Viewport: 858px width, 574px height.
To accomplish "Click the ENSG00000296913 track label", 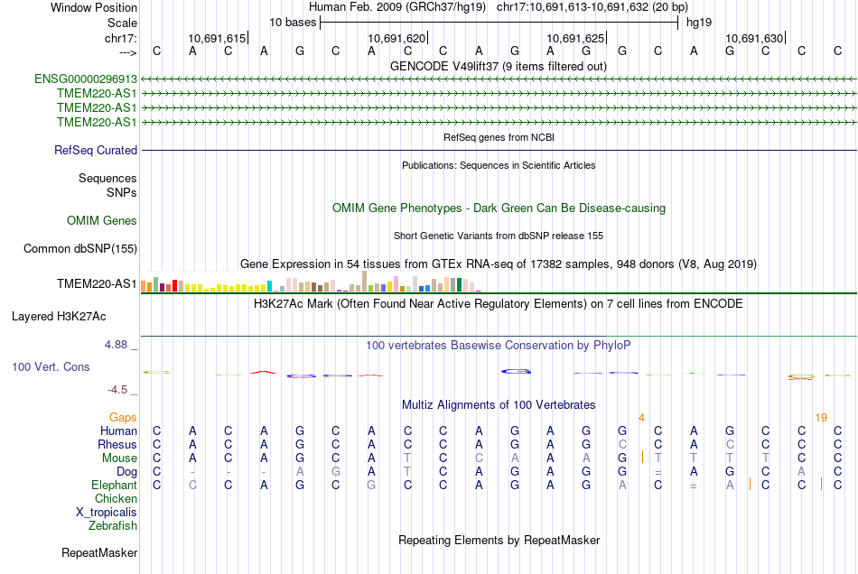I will [86, 79].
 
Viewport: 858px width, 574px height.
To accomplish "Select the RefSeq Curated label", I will [96, 151].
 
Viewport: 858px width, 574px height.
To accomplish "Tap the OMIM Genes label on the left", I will [102, 221].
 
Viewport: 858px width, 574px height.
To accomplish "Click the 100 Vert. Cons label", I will [51, 367].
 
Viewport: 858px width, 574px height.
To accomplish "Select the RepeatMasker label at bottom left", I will [99, 552].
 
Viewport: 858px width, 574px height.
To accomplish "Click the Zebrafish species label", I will [113, 525].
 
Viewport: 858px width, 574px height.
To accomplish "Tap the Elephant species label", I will [114, 485].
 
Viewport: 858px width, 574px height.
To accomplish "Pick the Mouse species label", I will [118, 458].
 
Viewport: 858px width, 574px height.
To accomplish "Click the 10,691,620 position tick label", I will [396, 39].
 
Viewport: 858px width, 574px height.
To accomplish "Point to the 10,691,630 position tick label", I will [754, 39].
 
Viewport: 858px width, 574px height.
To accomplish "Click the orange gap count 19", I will [821, 418].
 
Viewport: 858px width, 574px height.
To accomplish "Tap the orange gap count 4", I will [641, 418].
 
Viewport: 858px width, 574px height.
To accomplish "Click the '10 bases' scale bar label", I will [294, 22].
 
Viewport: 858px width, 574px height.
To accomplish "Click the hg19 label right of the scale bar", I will [698, 22].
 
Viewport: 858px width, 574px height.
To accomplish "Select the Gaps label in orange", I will [124, 418].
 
